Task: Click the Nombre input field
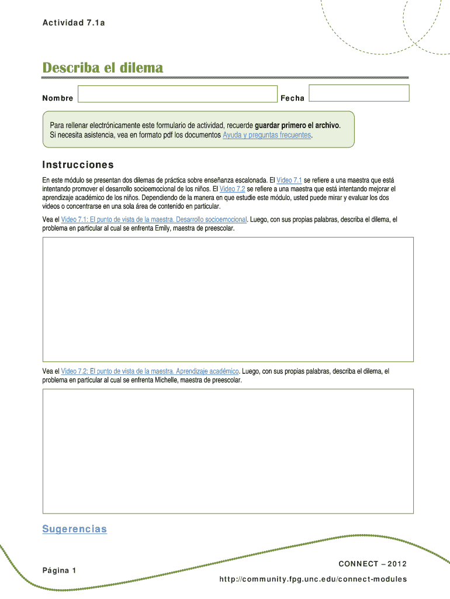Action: pos(177,94)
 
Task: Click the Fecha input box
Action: pos(359,93)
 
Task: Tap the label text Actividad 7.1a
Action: pos(74,23)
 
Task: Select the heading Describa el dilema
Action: pos(103,68)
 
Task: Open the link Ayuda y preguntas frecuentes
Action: pos(267,135)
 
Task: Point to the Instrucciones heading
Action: pos(78,165)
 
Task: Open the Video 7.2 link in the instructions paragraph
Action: pos(232,190)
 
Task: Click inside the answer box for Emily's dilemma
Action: pos(228,299)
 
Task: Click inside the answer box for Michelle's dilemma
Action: pos(228,451)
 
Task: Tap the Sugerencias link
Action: pos(75,529)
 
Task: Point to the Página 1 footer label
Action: pos(59,570)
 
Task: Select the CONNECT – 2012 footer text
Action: pos(372,564)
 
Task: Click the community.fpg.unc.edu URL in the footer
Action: pos(313,579)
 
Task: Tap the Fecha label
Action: pos(292,98)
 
